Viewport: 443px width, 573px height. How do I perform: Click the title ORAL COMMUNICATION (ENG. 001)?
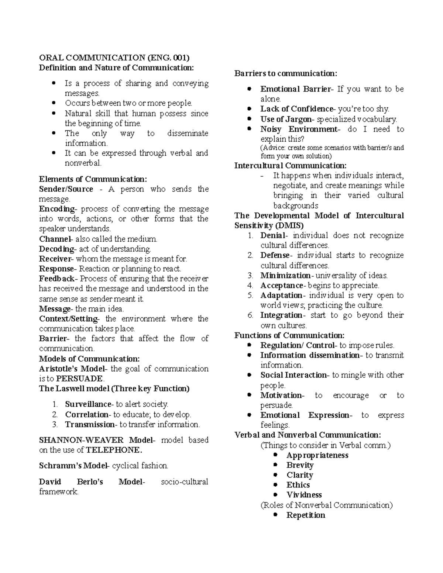tap(114, 58)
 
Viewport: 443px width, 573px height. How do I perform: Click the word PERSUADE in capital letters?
tap(80, 379)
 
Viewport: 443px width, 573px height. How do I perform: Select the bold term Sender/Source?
tap(66, 189)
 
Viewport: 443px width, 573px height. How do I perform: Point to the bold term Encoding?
tap(57, 209)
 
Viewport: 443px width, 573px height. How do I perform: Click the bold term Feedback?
tap(57, 279)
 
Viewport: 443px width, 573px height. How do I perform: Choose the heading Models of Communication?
tap(89, 359)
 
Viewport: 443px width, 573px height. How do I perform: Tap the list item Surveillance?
tap(88, 404)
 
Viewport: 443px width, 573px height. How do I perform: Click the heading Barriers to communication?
tap(286, 73)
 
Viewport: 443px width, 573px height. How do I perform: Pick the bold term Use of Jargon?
tap(286, 119)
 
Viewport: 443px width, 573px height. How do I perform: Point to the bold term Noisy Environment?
tap(299, 129)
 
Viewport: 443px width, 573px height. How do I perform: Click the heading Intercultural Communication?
tap(290, 166)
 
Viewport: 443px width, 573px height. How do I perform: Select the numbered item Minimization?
tap(285, 276)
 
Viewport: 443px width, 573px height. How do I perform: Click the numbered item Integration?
tap(281, 315)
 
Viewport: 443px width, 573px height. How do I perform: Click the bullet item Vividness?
tap(304, 495)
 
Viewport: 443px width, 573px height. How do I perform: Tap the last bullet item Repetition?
tap(305, 515)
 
